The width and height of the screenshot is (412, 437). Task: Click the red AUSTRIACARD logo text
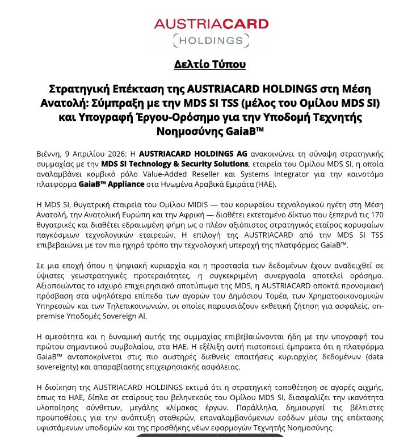207,24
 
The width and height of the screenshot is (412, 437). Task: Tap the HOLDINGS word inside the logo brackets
207,40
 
